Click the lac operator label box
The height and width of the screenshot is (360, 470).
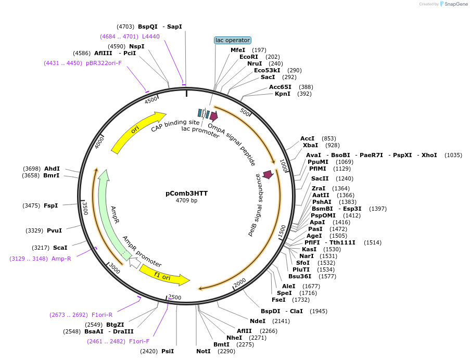click(233, 40)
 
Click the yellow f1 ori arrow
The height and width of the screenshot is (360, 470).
click(164, 276)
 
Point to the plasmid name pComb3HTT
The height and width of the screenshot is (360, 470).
click(186, 194)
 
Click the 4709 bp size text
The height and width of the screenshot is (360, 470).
click(186, 201)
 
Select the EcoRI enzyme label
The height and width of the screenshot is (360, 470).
click(248, 57)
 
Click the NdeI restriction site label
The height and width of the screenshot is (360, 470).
click(258, 321)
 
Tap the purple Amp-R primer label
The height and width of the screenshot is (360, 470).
click(61, 259)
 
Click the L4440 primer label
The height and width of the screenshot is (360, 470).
click(151, 36)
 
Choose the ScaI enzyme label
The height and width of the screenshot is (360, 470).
click(60, 248)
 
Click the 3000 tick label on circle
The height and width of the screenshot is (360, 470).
click(115, 268)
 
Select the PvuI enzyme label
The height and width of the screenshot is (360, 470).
click(54, 230)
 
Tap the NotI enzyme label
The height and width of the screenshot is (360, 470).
click(203, 351)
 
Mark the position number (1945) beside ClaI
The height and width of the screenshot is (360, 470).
click(319, 311)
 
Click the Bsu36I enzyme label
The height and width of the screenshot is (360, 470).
click(299, 276)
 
